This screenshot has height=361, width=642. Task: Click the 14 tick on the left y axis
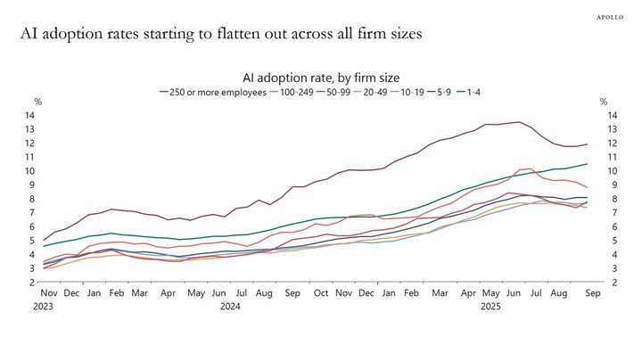tap(29, 115)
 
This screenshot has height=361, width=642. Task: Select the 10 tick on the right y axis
tap(612, 171)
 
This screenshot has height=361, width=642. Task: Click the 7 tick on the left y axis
tap(30, 213)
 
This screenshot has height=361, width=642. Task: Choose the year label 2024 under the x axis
tap(231, 307)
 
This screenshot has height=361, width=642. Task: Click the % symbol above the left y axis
tap(37, 102)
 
